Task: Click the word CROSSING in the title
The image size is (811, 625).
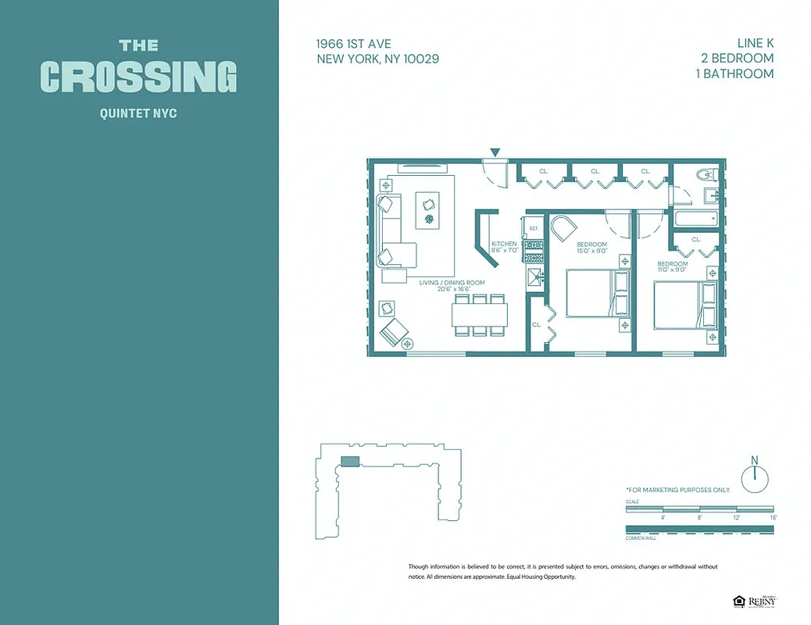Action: coord(138,77)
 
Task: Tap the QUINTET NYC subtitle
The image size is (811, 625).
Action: coord(138,113)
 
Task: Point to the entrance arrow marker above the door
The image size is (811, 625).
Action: coord(495,152)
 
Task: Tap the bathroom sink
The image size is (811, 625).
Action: coord(710,195)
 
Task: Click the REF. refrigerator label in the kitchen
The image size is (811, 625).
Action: coord(534,228)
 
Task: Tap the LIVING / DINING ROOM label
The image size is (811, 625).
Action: coord(452,282)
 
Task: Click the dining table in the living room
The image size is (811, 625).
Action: coord(479,315)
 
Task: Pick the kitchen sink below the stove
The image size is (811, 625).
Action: coord(535,276)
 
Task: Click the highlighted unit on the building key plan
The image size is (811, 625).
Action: coord(350,462)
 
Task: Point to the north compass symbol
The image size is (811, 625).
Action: coord(755,477)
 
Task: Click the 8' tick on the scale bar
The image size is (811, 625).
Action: coord(699,517)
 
